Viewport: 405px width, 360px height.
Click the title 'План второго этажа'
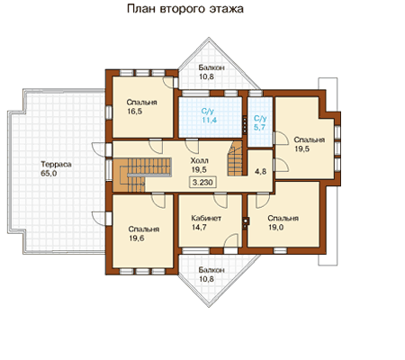(x=185, y=9)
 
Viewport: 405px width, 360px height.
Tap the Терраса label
(x=56, y=165)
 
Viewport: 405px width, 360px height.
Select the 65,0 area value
(x=49, y=174)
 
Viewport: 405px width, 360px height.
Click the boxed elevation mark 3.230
(x=202, y=182)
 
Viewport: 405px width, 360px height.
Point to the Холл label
(x=200, y=160)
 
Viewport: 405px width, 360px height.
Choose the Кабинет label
(x=206, y=218)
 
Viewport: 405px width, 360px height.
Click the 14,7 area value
(x=199, y=228)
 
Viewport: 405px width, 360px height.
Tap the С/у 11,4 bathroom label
(x=209, y=116)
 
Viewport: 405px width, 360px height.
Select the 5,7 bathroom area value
(x=259, y=127)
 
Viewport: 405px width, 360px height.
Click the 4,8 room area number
(x=260, y=171)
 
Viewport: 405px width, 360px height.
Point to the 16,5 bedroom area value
(x=134, y=112)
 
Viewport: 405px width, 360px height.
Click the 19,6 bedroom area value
(x=137, y=238)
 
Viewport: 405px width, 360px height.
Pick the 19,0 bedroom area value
(x=275, y=228)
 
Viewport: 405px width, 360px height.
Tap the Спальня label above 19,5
(x=310, y=139)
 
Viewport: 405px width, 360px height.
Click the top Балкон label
(x=211, y=67)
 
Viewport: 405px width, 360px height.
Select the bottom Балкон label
(x=211, y=270)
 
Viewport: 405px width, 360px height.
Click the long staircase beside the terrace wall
(x=142, y=175)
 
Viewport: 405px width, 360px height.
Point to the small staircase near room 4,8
(x=235, y=158)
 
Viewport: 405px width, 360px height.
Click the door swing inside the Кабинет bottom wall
(x=231, y=241)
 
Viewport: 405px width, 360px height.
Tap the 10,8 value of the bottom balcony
(x=206, y=279)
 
